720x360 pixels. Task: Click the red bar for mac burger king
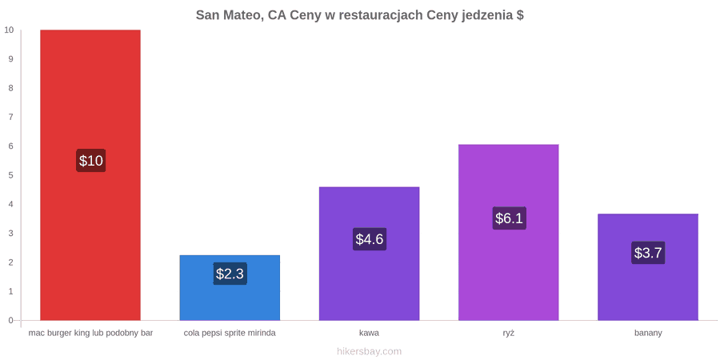tap(90, 175)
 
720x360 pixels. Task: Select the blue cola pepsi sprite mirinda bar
tap(230, 287)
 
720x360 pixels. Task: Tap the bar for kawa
tap(369, 254)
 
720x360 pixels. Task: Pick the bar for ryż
tap(508, 232)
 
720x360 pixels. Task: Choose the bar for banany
tap(648, 266)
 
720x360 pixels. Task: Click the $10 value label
tap(91, 161)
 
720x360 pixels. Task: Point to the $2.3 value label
tap(230, 274)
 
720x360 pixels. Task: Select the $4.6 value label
tap(369, 238)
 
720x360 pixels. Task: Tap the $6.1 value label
tap(509, 218)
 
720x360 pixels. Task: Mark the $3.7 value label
tap(648, 253)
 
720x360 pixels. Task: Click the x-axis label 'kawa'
tap(369, 333)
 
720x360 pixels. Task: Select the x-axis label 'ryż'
tap(508, 333)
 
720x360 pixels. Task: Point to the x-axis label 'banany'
tap(648, 333)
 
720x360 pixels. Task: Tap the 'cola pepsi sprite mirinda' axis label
tap(230, 333)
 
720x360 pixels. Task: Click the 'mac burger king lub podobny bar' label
tap(90, 333)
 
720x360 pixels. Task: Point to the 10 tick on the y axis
tap(9, 30)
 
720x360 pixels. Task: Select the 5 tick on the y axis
tap(11, 175)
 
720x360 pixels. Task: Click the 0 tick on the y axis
tap(11, 320)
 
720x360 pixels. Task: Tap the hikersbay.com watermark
tap(369, 351)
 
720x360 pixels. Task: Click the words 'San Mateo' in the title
tap(228, 15)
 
